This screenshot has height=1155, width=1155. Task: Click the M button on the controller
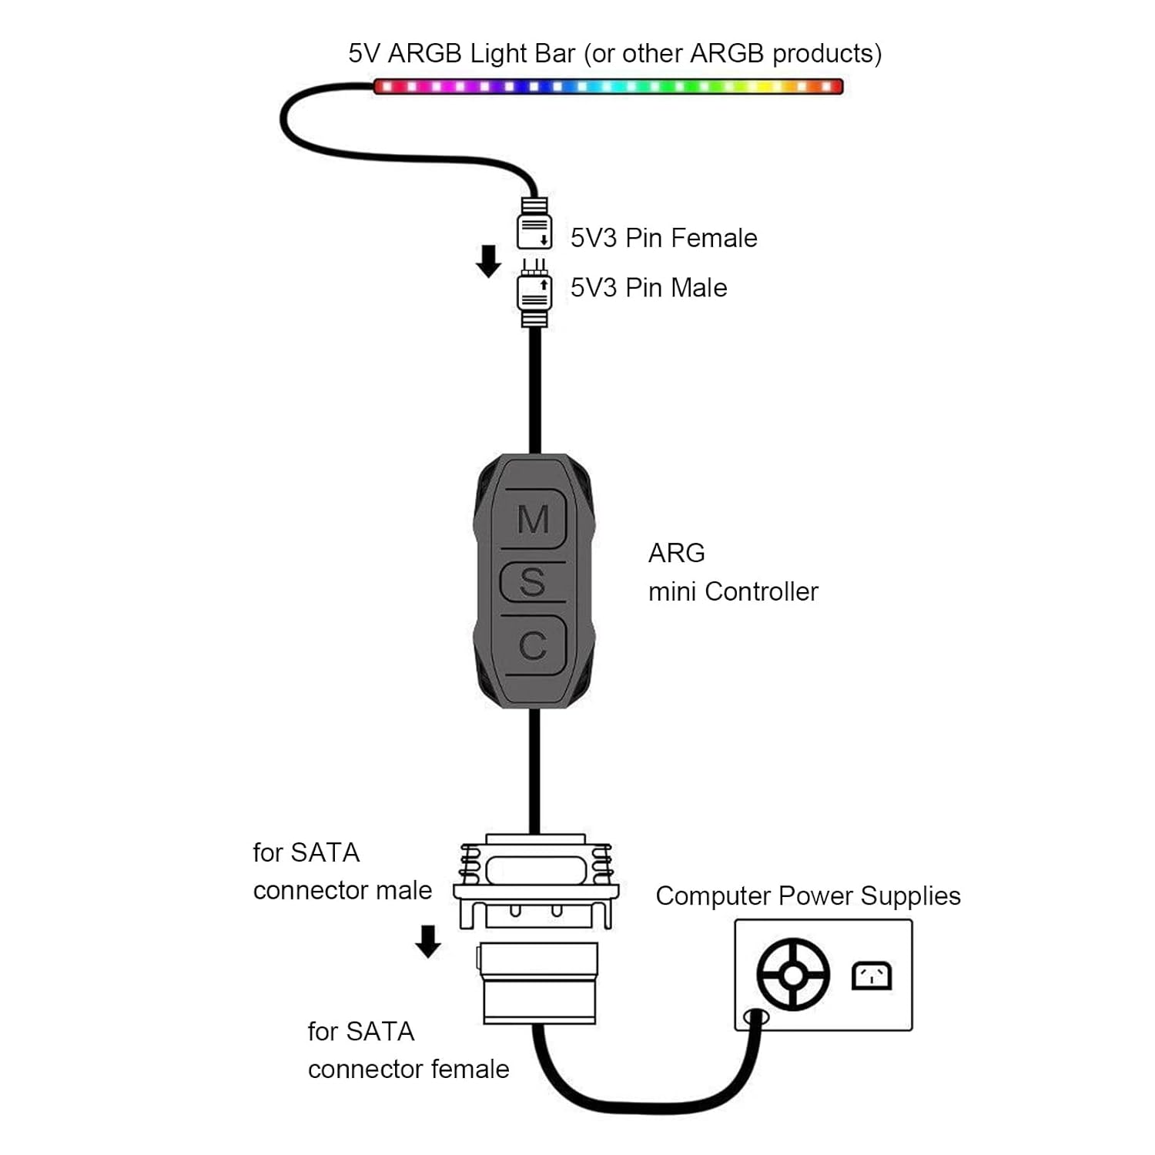[533, 519]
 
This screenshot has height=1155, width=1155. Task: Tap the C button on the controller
[533, 645]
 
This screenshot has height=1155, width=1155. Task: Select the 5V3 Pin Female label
[663, 238]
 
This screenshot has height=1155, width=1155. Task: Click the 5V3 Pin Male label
[648, 288]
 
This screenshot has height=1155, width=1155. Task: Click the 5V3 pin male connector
[534, 293]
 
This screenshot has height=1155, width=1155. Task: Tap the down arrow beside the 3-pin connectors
[488, 261]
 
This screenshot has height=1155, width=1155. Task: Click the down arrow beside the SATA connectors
[428, 941]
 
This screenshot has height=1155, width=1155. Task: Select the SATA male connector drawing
[536, 882]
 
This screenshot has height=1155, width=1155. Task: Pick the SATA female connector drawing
[539, 983]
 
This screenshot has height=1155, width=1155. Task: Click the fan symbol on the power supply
[793, 974]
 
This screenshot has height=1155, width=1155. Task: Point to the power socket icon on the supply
[872, 976]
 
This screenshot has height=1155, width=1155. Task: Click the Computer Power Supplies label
[808, 896]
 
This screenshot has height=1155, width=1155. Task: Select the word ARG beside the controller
[676, 553]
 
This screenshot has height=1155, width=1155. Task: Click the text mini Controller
[733, 591]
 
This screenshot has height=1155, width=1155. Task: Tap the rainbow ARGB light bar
[608, 86]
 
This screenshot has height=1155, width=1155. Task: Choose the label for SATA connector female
[407, 1050]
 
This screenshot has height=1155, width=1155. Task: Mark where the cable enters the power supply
[755, 1018]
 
